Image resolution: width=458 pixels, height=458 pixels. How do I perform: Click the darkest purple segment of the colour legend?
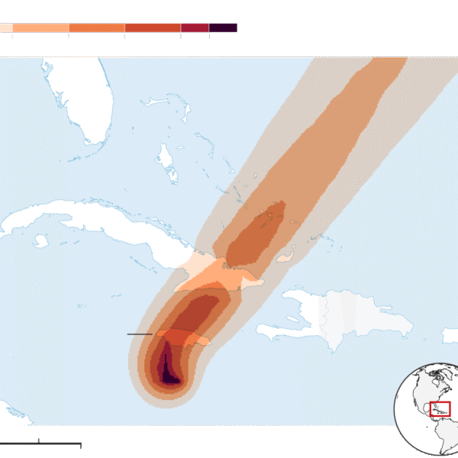point(223,27)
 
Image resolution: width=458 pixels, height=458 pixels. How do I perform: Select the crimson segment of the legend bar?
point(195,27)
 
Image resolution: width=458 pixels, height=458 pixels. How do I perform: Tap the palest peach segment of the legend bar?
point(5,27)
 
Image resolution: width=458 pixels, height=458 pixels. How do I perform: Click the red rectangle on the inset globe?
point(440,408)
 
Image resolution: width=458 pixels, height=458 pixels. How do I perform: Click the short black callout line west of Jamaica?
point(139,334)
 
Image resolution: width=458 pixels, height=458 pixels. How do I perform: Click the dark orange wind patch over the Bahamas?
point(260,233)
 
